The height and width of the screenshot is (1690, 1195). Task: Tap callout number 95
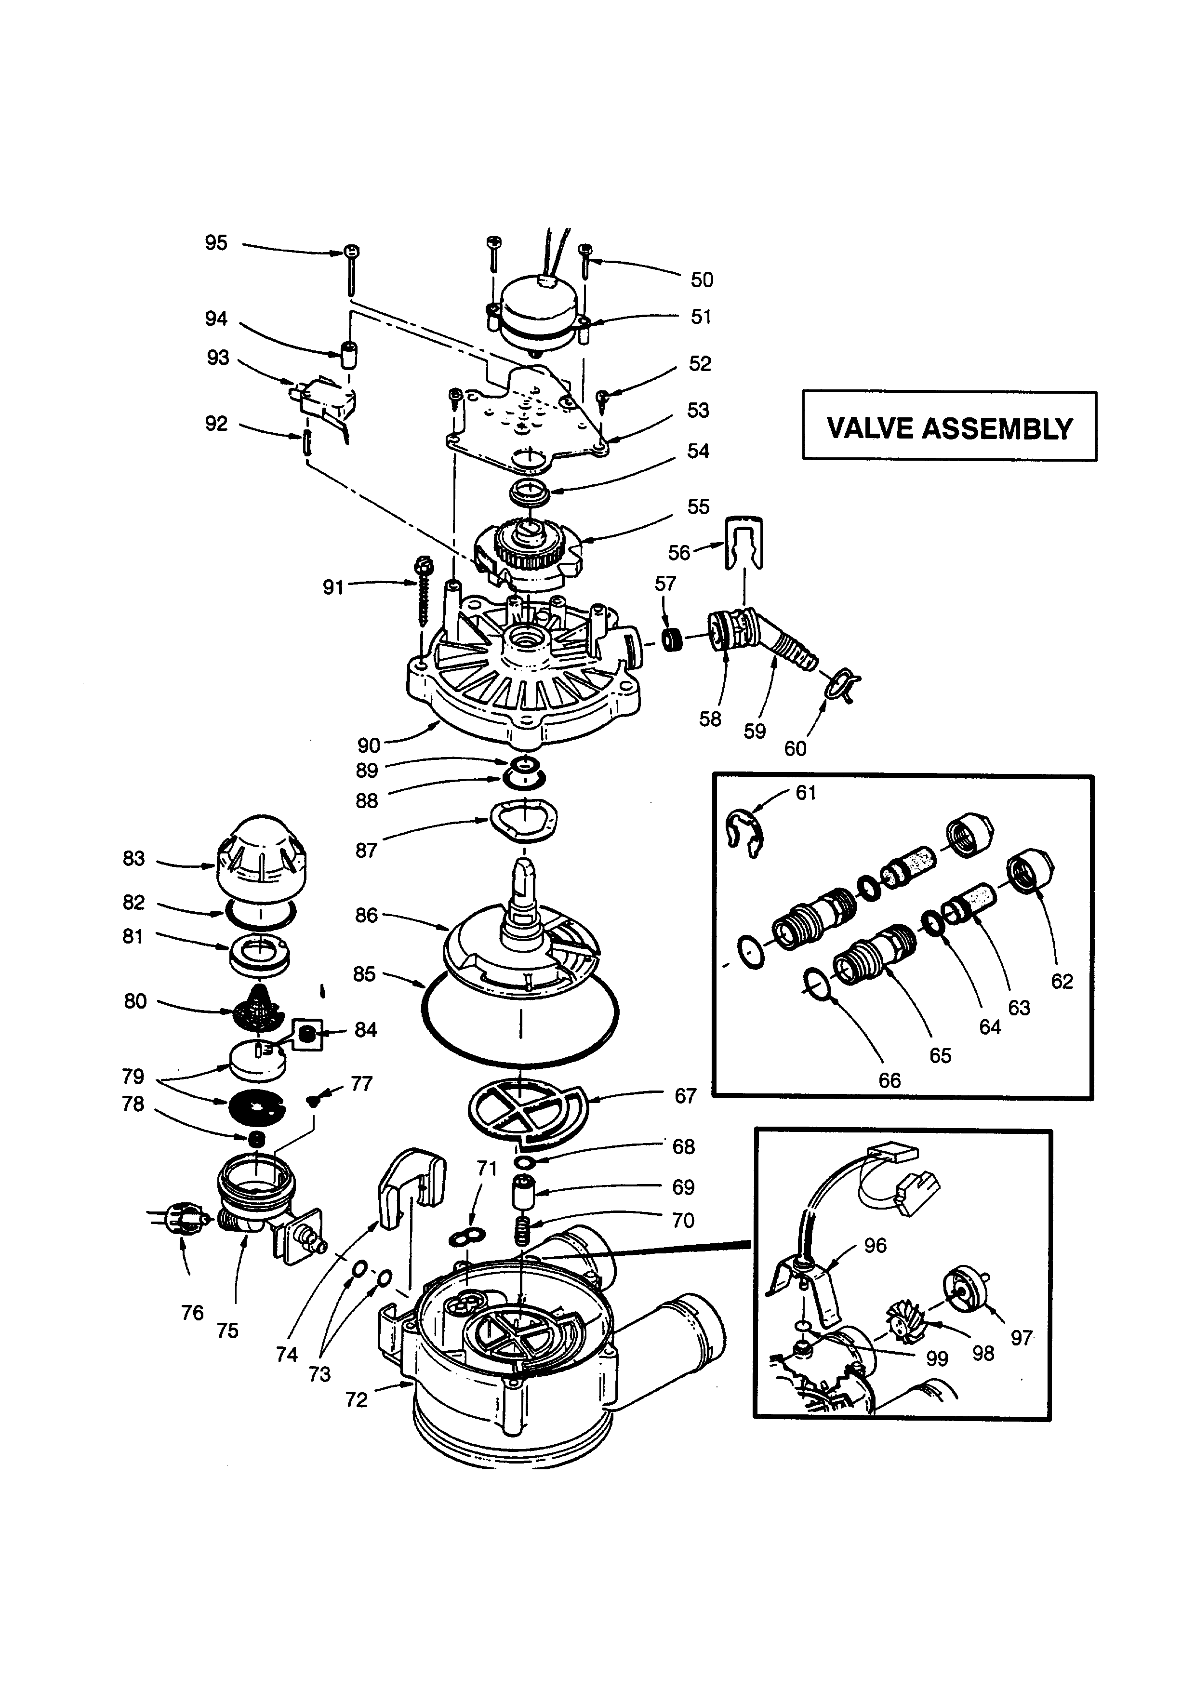[215, 243]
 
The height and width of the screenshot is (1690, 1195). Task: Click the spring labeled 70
[522, 1230]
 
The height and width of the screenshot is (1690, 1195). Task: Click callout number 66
[890, 1080]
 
